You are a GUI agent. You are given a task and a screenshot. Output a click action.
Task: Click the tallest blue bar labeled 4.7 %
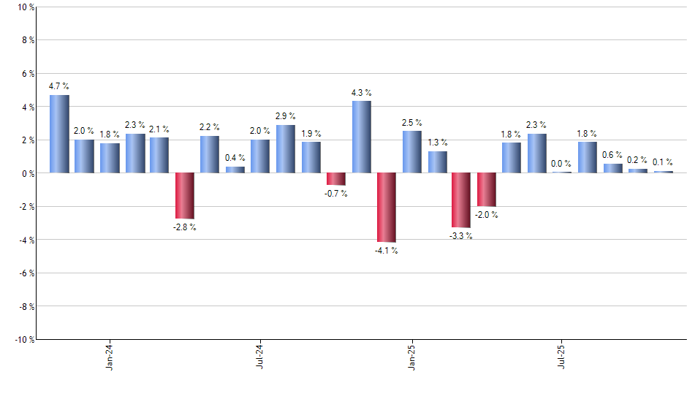(x=59, y=134)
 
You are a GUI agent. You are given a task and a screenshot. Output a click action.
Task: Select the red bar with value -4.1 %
(x=386, y=208)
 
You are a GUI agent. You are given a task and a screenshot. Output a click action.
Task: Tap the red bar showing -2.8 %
(x=184, y=196)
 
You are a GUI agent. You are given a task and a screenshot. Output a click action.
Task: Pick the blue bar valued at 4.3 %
(x=361, y=137)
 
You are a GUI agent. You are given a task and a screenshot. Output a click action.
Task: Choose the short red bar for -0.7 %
(x=335, y=179)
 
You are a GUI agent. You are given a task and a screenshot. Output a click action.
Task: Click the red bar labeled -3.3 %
(x=461, y=200)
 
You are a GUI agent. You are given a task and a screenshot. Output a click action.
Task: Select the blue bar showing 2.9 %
(x=285, y=149)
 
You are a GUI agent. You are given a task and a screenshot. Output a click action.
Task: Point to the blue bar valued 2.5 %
(x=411, y=152)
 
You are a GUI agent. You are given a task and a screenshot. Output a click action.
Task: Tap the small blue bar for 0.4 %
(x=235, y=170)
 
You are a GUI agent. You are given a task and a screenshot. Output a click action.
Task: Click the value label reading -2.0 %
(x=486, y=215)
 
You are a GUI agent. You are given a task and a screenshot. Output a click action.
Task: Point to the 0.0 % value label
(x=561, y=164)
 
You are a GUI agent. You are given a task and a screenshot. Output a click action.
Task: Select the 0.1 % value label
(x=663, y=162)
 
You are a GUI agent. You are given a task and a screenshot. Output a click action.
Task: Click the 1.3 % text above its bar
(x=437, y=143)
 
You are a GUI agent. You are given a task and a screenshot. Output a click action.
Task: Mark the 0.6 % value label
(x=612, y=154)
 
